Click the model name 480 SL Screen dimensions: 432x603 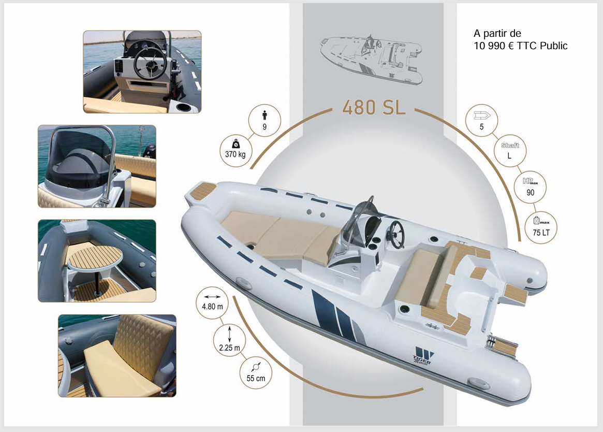point(373,107)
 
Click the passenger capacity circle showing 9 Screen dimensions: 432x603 point(264,120)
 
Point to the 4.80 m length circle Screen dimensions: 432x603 point(212,302)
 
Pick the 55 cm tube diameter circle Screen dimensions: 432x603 point(256,373)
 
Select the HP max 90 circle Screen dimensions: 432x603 point(530,187)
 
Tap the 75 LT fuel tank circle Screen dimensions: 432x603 point(541,227)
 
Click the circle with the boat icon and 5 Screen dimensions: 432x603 point(481,120)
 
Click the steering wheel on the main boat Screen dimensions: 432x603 point(397,234)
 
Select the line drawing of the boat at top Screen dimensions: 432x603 point(371,60)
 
